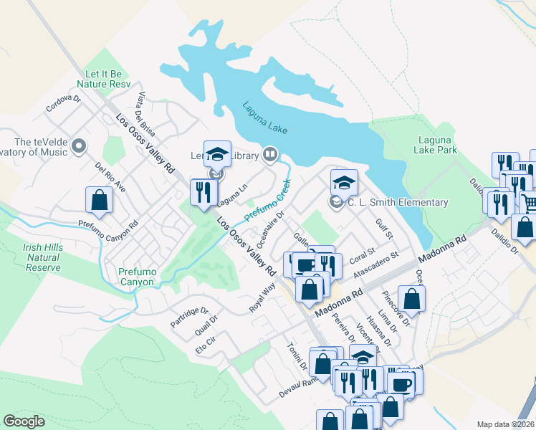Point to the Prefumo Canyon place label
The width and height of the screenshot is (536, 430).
(x=137, y=277)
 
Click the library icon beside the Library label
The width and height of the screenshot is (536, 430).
(x=269, y=153)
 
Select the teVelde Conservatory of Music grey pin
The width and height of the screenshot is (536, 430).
(x=78, y=147)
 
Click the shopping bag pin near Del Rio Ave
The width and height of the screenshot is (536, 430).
(x=99, y=200)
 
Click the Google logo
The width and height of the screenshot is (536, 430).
(x=24, y=421)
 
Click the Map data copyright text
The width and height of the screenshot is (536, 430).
(x=505, y=424)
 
